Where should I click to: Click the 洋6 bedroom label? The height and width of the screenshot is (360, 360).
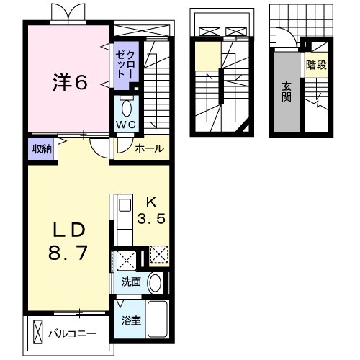pos(70,82)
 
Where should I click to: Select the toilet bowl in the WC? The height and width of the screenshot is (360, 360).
pos(127,108)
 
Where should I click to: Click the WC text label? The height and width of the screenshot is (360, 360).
pos(126,125)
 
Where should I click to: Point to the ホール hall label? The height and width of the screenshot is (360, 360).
pos(150,149)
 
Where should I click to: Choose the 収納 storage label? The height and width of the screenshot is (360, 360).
pos(42,149)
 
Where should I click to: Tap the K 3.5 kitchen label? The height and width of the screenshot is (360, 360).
pos(151,210)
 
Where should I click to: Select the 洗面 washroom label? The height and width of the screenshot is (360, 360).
pos(131,282)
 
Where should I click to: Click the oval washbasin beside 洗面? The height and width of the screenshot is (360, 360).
pos(155,283)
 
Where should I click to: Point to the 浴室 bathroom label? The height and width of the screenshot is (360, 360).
pos(131,321)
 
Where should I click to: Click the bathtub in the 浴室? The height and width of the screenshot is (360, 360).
pos(157,319)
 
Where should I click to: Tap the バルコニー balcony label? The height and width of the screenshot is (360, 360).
pos(72,334)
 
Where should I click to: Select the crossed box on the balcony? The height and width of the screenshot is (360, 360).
pos(37,333)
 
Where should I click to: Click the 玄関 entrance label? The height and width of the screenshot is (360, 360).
pos(287,91)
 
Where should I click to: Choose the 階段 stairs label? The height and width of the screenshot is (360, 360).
pos(317,65)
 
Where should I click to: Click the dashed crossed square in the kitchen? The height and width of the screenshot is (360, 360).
pos(159,254)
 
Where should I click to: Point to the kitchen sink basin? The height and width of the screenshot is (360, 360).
pos(125,205)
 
